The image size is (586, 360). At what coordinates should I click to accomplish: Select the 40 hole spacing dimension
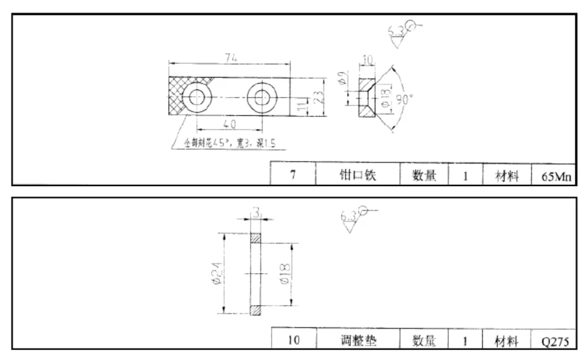[229, 124]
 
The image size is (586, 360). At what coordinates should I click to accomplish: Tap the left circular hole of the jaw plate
[196, 98]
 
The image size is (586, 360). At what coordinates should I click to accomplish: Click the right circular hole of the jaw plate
[262, 98]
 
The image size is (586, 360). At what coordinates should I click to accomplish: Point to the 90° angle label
[404, 99]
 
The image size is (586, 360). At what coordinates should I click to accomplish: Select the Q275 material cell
[555, 341]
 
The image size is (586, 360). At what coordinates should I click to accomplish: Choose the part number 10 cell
[293, 341]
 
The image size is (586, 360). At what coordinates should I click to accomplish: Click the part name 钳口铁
[358, 176]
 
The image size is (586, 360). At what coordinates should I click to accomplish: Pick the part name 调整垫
[358, 340]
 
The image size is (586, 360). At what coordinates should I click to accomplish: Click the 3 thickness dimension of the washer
[256, 214]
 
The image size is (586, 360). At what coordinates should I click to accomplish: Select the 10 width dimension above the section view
[367, 60]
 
